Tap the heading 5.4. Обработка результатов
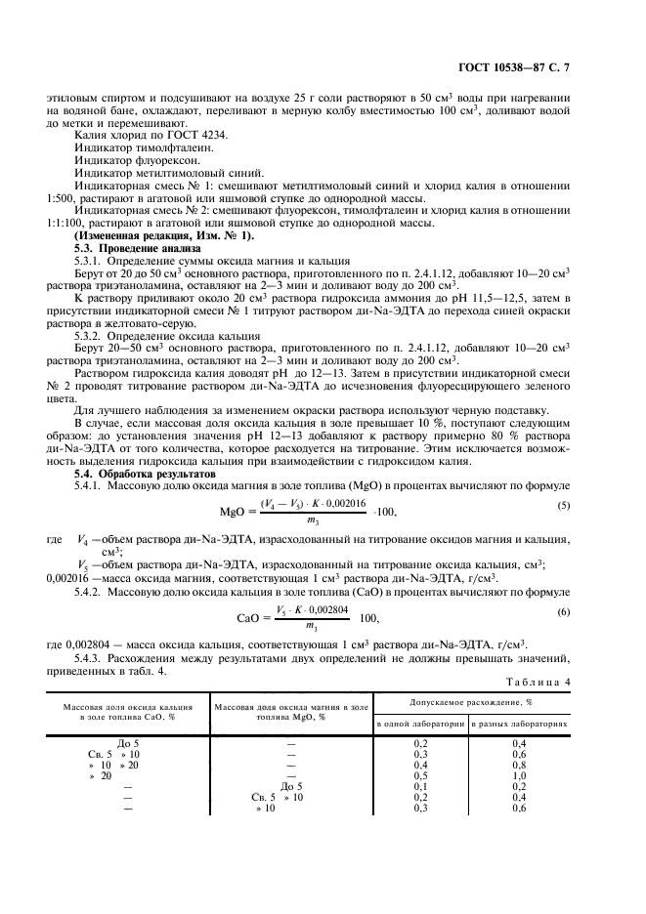[134, 473]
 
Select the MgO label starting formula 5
[237, 511]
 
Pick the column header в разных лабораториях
[519, 725]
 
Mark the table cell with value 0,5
[419, 775]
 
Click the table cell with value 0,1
[419, 786]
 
